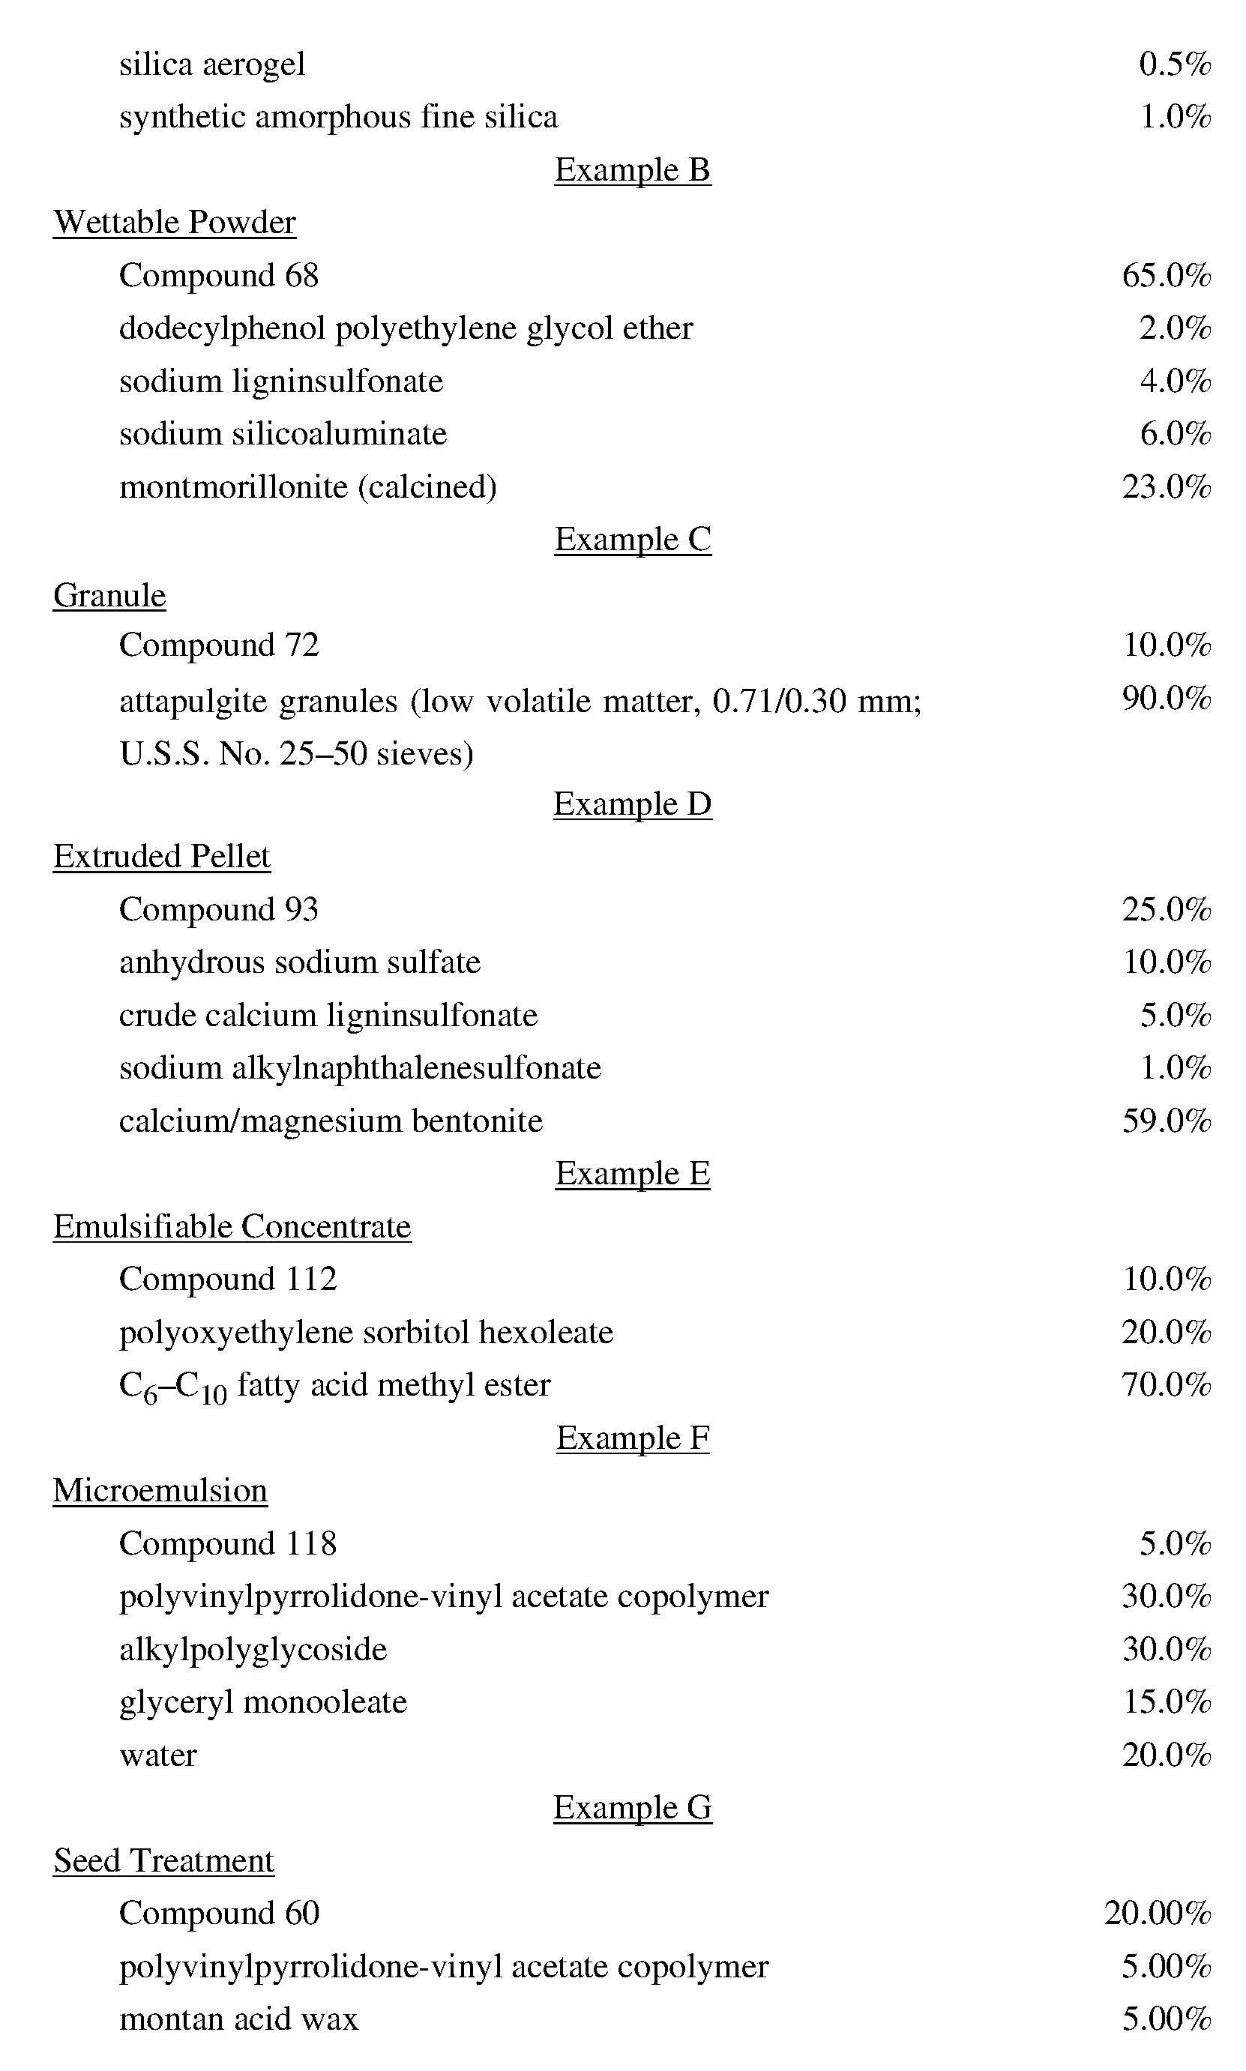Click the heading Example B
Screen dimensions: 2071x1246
point(632,170)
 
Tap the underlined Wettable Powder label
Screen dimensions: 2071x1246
point(175,223)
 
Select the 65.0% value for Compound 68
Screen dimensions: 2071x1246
point(1167,275)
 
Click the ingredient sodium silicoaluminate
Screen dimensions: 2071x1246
point(283,434)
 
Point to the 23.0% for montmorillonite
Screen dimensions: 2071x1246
point(1167,487)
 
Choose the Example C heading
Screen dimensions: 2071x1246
point(632,540)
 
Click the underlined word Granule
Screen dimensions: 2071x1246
point(109,595)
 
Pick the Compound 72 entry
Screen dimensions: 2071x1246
point(219,645)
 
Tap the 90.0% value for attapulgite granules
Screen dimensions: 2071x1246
point(1167,698)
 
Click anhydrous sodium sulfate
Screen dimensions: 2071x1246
point(300,962)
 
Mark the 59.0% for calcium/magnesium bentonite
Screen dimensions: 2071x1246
point(1167,1121)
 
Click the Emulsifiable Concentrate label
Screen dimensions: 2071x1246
point(232,1226)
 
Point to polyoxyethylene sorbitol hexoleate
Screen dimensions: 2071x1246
point(366,1332)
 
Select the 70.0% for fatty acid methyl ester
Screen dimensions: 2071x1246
point(1167,1385)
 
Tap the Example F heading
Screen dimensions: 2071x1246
point(632,1438)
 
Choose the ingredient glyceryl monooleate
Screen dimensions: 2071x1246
point(263,1701)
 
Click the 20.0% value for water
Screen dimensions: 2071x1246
point(1167,1755)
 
